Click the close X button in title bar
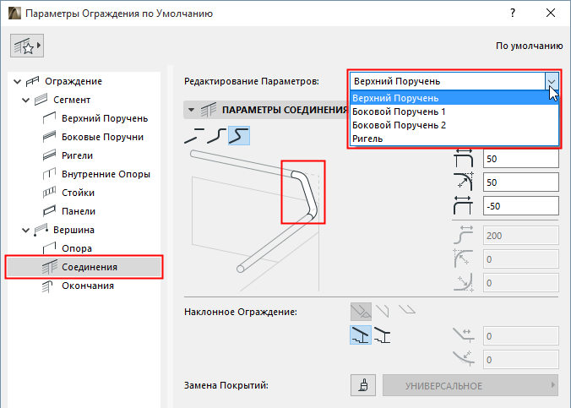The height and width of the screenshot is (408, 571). (551, 14)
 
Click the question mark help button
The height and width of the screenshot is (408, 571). (513, 14)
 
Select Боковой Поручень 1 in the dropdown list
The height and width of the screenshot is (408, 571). (399, 112)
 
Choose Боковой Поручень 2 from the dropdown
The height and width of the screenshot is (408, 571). (400, 125)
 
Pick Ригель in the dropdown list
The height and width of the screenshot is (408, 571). (367, 139)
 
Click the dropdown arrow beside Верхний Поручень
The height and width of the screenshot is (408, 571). (552, 81)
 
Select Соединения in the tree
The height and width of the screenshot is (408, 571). (90, 267)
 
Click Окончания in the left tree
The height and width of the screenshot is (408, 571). (88, 286)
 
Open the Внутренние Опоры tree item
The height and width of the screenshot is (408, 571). (106, 174)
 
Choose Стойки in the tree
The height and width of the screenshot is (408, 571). (78, 193)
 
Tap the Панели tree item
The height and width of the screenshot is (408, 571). (79, 211)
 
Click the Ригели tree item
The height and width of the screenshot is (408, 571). (77, 155)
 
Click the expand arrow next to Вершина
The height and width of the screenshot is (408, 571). (25, 230)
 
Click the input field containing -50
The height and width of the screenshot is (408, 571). (521, 206)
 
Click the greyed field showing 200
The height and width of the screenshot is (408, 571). (521, 236)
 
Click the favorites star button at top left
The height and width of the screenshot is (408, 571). (27, 46)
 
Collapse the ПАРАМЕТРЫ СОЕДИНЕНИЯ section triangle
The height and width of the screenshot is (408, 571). (191, 110)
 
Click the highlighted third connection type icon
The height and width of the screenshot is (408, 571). (239, 135)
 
